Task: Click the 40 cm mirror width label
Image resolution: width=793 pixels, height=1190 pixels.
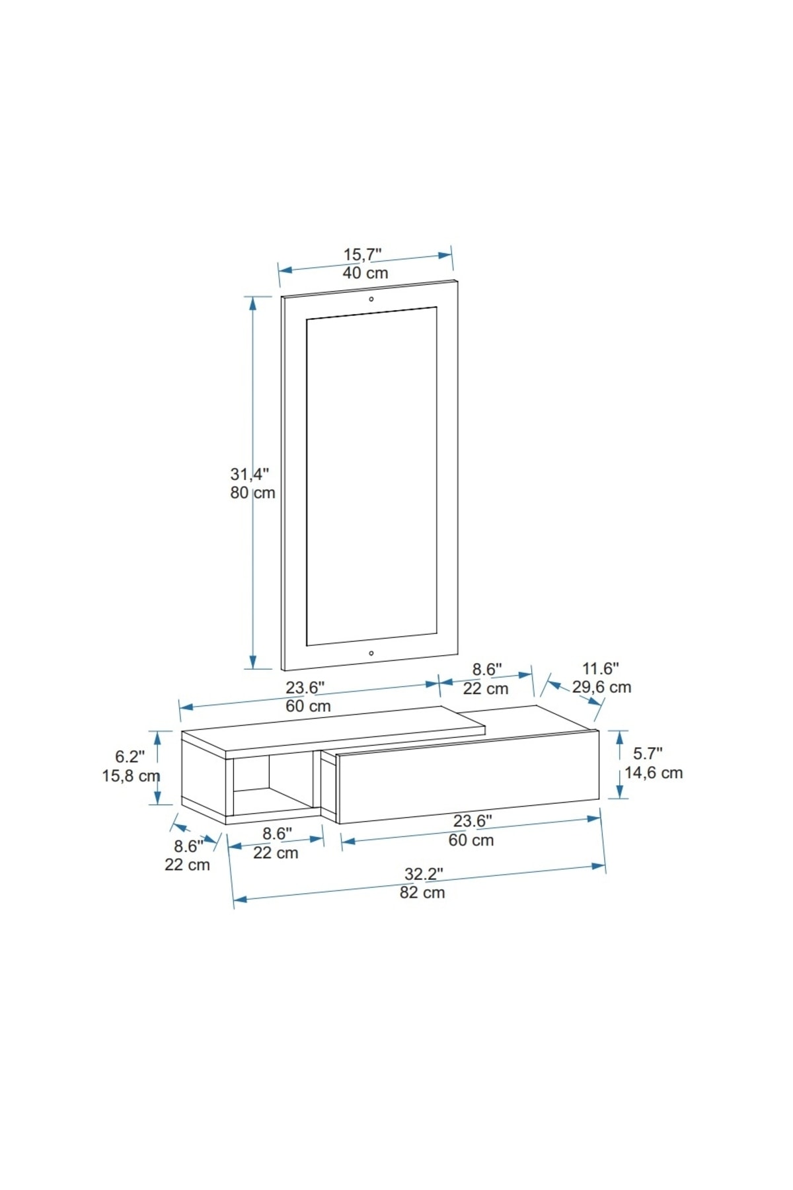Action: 365,273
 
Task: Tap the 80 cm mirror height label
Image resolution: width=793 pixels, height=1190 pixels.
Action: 252,493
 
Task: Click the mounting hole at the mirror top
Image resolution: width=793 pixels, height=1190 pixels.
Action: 371,299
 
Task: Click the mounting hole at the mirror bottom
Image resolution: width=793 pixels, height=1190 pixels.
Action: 371,653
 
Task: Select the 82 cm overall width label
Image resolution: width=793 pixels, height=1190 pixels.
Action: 422,892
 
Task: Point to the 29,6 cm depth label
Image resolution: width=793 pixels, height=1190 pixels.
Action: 601,687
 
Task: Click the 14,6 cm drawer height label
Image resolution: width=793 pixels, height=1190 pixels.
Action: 654,772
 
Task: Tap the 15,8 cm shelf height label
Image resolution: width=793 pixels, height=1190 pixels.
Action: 131,775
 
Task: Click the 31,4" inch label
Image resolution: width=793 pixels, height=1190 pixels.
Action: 250,474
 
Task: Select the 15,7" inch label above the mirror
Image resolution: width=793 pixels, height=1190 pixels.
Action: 362,255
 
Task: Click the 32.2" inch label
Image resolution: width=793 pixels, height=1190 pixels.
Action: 424,874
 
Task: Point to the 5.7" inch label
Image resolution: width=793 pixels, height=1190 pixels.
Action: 648,753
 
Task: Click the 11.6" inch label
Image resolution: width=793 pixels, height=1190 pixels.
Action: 600,668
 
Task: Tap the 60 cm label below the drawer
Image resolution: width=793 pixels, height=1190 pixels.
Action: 471,840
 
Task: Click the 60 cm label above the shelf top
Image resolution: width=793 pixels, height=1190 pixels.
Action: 308,706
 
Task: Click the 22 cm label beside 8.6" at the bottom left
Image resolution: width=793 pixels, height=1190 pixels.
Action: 187,865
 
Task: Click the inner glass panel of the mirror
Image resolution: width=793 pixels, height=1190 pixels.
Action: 371,476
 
